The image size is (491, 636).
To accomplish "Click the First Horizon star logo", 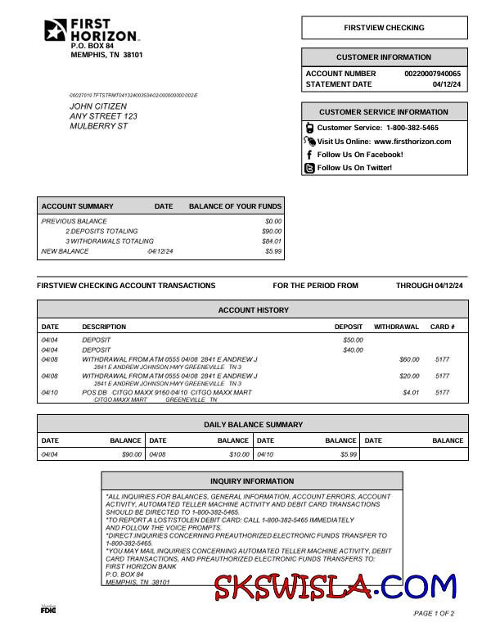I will pyautogui.click(x=56, y=30).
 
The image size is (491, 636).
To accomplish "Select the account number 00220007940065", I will pyautogui.click(x=432, y=74).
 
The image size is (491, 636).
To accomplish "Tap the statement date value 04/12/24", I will pyautogui.click(x=447, y=84).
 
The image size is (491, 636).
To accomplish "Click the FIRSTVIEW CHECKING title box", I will pyautogui.click(x=384, y=28).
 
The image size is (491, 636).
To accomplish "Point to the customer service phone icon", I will pyautogui.click(x=309, y=128).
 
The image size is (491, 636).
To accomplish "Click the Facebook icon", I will pyautogui.click(x=309, y=155).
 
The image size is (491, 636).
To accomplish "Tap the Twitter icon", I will pyautogui.click(x=309, y=168).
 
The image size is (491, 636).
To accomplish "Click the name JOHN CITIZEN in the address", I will pyautogui.click(x=98, y=106).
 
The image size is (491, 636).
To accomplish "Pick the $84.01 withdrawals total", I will pyautogui.click(x=272, y=241).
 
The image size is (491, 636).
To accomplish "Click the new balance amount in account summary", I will pyautogui.click(x=273, y=251).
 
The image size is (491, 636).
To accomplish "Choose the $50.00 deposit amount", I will pyautogui.click(x=353, y=340).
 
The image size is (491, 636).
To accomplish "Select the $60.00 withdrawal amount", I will pyautogui.click(x=408, y=359).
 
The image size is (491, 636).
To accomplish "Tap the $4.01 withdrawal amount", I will pyautogui.click(x=410, y=393).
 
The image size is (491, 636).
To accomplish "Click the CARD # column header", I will pyautogui.click(x=442, y=327).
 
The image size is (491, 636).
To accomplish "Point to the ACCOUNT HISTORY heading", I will pyautogui.click(x=253, y=310).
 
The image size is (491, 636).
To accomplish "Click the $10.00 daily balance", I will pyautogui.click(x=239, y=454).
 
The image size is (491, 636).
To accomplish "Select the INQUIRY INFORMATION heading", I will pyautogui.click(x=252, y=481).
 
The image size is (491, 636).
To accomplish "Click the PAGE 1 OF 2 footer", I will pyautogui.click(x=434, y=613).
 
